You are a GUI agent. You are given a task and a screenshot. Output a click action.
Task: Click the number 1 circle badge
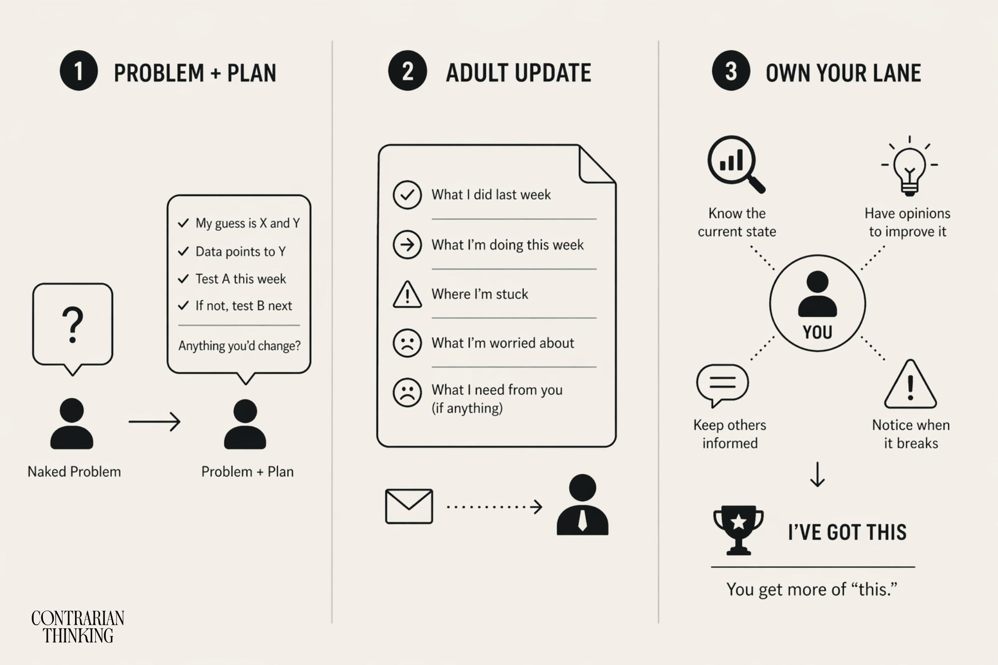click(79, 71)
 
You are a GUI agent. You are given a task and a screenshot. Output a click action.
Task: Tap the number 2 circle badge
click(407, 71)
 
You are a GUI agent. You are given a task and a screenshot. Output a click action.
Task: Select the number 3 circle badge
click(731, 71)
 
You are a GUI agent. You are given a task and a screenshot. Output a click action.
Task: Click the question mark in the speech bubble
click(73, 325)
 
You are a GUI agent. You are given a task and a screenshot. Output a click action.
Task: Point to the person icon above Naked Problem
click(72, 423)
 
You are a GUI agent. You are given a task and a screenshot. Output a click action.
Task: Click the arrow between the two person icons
click(154, 422)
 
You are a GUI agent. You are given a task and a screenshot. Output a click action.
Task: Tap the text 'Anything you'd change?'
click(239, 346)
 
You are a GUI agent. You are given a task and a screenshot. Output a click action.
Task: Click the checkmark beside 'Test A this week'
click(183, 279)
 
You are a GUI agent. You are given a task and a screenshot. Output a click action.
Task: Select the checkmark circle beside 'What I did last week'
click(407, 195)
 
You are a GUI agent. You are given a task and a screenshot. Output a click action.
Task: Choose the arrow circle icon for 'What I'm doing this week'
click(407, 245)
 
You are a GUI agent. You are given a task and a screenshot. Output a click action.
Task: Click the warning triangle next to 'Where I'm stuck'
click(407, 295)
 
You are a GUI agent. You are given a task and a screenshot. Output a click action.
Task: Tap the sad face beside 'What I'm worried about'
click(407, 343)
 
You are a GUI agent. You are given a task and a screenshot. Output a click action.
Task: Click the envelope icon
click(409, 506)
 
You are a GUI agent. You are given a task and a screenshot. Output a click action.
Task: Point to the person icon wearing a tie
click(583, 505)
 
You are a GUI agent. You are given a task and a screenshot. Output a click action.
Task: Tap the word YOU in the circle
click(817, 332)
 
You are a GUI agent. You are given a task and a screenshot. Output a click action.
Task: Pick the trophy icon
click(738, 529)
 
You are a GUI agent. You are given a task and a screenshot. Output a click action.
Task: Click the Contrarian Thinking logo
click(78, 627)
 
